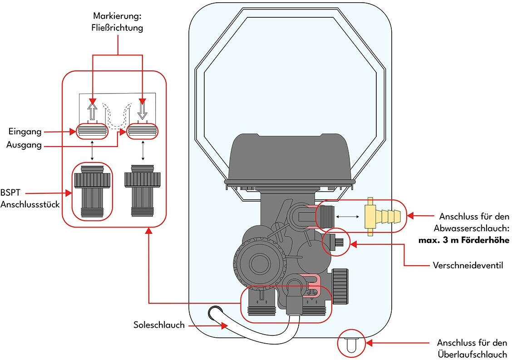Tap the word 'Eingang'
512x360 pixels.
(x=25, y=132)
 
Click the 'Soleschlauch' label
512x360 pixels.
(x=159, y=325)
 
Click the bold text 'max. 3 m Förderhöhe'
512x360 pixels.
(x=463, y=240)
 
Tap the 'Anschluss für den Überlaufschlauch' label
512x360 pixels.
(x=472, y=349)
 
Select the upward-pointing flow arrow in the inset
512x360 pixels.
(x=92, y=110)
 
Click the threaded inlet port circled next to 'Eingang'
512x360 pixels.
(x=92, y=132)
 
